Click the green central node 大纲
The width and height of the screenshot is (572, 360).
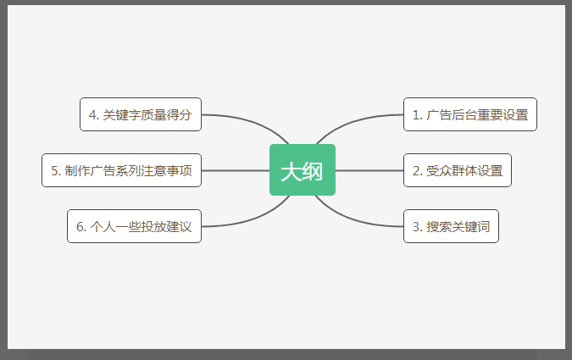[x=303, y=170]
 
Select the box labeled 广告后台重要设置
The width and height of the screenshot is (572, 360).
[x=470, y=114]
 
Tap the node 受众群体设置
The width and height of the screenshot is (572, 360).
[x=458, y=170]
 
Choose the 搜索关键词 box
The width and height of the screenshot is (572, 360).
[x=451, y=226]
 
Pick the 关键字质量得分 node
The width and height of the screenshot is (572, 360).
[x=141, y=114]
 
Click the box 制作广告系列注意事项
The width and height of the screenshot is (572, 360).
[x=121, y=170]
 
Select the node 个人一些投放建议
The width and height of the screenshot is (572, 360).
[x=134, y=226]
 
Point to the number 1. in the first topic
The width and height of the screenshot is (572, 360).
[x=417, y=115]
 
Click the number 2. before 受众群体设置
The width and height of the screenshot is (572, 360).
[x=417, y=171]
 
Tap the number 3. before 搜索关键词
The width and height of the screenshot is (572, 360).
[x=417, y=227]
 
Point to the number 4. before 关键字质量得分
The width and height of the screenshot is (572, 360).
[x=94, y=115]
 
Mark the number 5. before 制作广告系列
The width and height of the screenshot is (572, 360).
[x=55, y=171]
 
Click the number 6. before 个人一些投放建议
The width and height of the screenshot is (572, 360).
[x=81, y=227]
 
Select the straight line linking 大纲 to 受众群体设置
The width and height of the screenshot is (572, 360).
[x=369, y=170]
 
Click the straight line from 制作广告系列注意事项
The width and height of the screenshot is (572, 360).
[x=236, y=170]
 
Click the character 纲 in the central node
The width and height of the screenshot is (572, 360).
[x=313, y=171]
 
